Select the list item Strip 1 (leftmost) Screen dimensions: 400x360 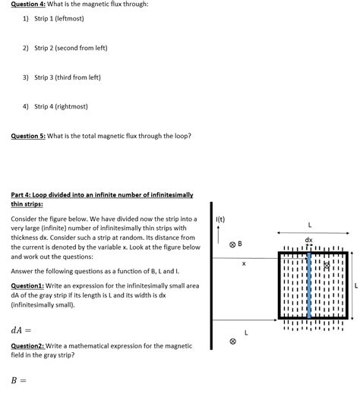(x=58, y=18)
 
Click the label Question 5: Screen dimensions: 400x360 (x=28, y=137)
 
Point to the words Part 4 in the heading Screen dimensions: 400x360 (x=23, y=195)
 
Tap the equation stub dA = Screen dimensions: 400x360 (x=21, y=330)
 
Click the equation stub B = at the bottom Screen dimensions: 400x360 (x=18, y=380)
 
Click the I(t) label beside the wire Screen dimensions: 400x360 (x=221, y=219)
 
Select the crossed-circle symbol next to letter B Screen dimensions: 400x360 (x=232, y=244)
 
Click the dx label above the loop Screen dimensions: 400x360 (x=308, y=241)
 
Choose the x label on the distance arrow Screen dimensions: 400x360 (x=244, y=263)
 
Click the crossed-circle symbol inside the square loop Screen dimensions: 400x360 (x=327, y=266)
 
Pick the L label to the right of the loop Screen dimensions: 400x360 (x=355, y=286)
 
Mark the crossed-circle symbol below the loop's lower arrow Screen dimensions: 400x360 (x=232, y=342)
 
